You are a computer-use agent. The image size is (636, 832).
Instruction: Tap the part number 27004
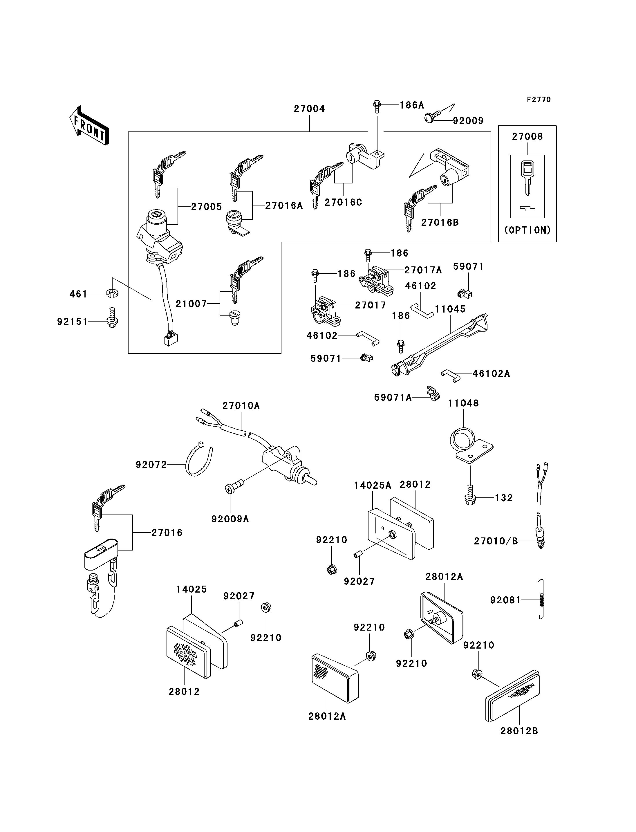(309, 109)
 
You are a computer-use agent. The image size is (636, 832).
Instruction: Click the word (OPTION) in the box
(527, 230)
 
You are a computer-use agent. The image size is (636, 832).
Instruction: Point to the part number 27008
(527, 137)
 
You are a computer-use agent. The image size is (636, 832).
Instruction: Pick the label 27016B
(440, 223)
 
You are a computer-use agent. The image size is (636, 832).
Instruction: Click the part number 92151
(72, 322)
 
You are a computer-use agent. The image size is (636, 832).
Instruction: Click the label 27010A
(241, 406)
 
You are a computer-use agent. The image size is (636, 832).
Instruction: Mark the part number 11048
(463, 403)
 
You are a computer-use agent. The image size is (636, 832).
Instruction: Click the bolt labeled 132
(470, 495)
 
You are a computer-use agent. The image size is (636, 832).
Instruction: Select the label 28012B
(519, 731)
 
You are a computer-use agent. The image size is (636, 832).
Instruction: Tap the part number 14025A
(373, 486)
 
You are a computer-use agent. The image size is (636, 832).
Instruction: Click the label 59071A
(393, 397)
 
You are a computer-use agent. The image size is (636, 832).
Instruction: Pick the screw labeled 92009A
(234, 486)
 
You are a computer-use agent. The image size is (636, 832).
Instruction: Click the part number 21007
(191, 304)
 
